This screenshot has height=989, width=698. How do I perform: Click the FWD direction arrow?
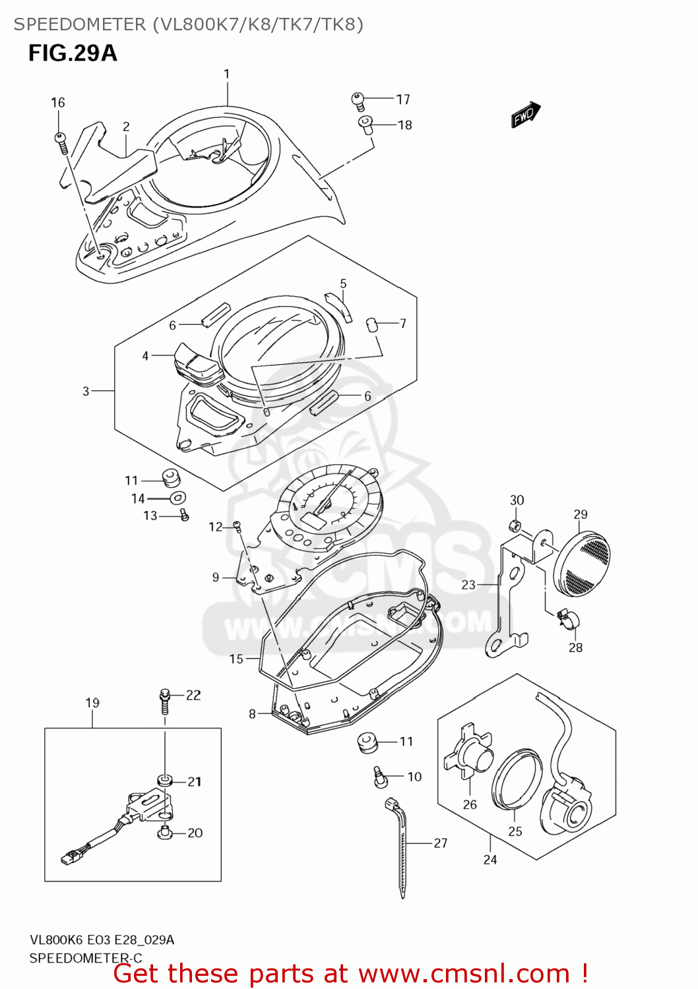(x=526, y=115)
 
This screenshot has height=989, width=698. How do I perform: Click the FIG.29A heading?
(x=73, y=53)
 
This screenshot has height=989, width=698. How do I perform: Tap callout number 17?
(x=403, y=100)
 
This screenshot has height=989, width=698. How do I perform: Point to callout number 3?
(x=86, y=391)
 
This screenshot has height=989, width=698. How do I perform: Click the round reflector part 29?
(x=583, y=558)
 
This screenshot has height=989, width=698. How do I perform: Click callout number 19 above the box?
(x=92, y=703)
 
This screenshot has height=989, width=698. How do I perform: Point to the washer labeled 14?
(x=177, y=498)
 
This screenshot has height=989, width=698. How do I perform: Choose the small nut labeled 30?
(x=517, y=525)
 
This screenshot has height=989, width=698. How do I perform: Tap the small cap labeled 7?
(x=371, y=324)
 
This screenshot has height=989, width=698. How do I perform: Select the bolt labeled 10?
(x=379, y=776)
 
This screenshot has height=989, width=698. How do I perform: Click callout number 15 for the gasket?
(x=236, y=659)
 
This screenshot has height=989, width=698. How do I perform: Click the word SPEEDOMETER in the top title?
(x=80, y=24)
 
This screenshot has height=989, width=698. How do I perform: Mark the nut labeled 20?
(x=165, y=833)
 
